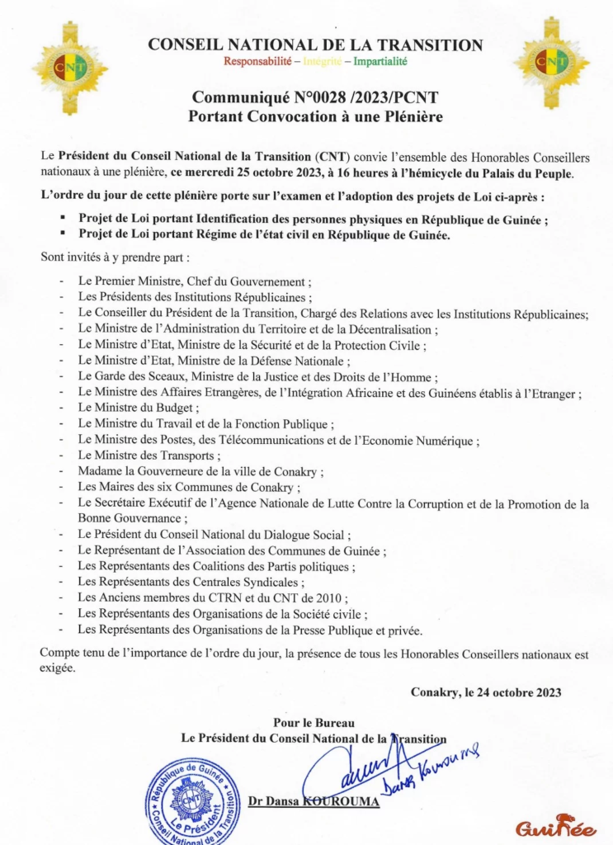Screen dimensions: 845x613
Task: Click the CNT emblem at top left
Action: click(69, 67)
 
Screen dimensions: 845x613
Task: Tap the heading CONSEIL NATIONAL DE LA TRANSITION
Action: click(315, 45)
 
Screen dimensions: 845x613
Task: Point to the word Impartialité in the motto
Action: click(381, 61)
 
